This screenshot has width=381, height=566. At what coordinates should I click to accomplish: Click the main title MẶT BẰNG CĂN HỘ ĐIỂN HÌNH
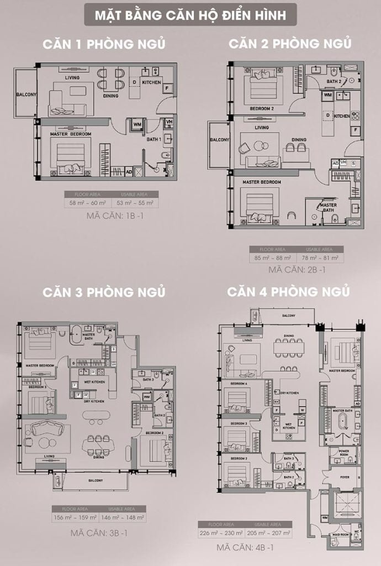(x=190, y=15)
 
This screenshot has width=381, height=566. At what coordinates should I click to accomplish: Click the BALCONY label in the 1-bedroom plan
(x=26, y=95)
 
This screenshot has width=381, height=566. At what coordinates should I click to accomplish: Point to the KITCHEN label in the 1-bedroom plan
(x=151, y=82)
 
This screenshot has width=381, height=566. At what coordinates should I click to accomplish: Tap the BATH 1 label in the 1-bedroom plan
(x=153, y=139)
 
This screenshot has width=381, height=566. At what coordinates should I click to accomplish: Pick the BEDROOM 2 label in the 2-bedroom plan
(x=262, y=108)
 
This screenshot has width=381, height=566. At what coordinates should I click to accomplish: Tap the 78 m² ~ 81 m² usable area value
(x=320, y=258)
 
